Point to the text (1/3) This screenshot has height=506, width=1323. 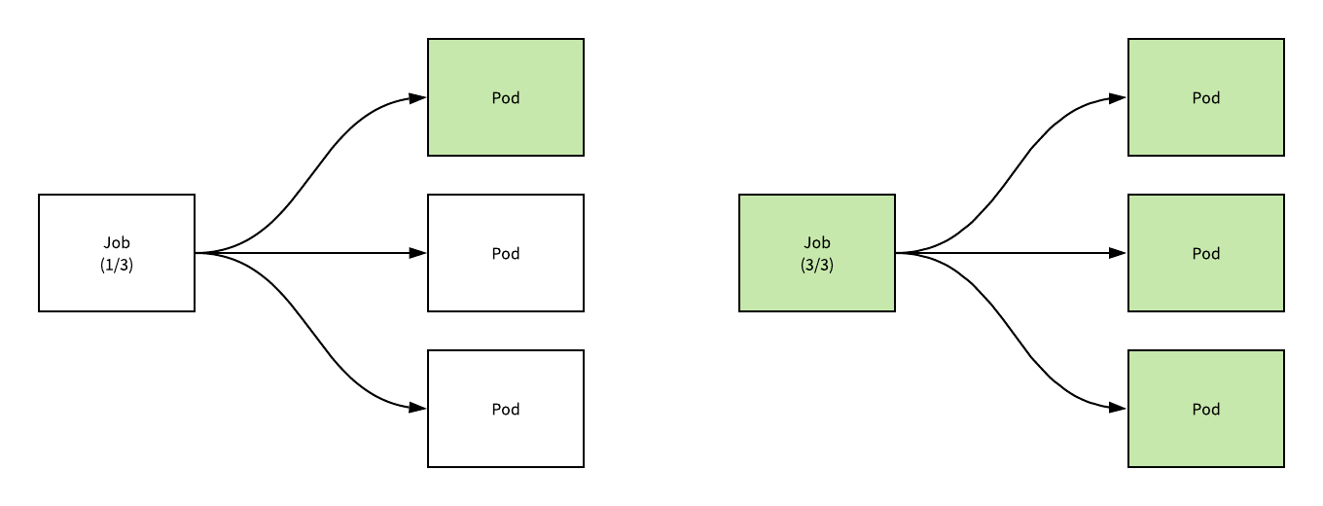pos(117,265)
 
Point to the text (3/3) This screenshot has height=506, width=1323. pos(817,265)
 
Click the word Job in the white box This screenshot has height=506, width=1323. pos(117,243)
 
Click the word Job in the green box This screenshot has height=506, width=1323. pos(817,243)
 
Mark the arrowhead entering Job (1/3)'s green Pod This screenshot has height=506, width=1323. pos(418,97)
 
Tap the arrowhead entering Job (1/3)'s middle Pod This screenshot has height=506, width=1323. pos(418,253)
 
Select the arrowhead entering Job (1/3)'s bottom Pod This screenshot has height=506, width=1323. pos(418,409)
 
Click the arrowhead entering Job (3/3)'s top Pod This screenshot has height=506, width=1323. pos(1119,97)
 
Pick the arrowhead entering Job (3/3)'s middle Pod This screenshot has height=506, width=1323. pos(1119,253)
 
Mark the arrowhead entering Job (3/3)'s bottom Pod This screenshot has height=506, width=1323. pos(1119,409)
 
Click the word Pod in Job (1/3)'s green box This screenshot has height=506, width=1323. pos(506,97)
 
